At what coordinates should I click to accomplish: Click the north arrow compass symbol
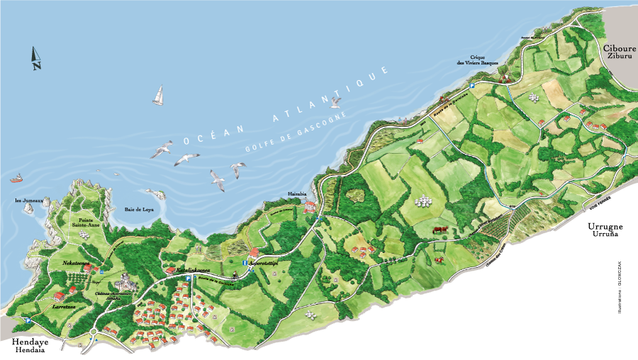(35, 58)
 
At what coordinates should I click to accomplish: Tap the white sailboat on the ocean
(158, 96)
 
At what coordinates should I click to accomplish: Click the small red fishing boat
(16, 179)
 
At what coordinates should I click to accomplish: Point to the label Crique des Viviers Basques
(477, 60)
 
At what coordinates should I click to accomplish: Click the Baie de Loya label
(139, 209)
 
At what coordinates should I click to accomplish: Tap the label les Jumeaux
(28, 201)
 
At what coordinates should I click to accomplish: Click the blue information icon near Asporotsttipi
(244, 263)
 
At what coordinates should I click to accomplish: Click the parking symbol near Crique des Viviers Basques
(472, 86)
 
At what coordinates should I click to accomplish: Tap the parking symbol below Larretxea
(28, 320)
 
